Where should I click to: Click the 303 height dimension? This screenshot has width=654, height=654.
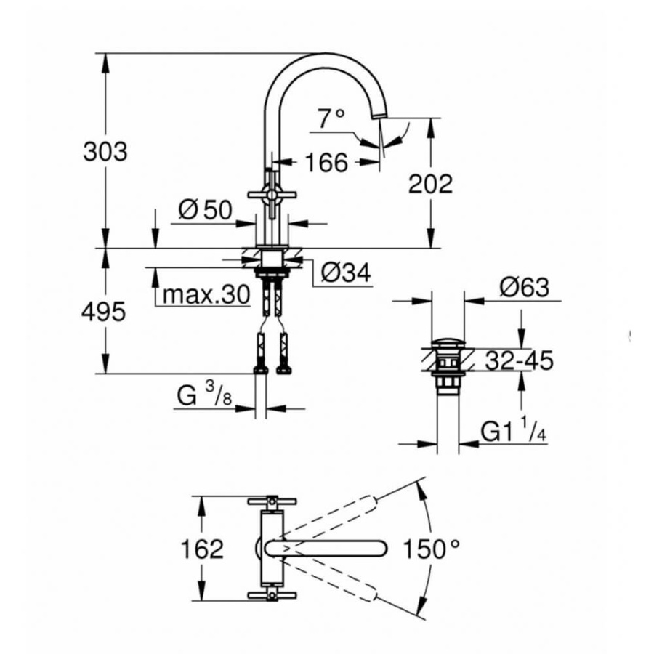click(105, 152)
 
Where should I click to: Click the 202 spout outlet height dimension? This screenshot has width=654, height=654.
click(431, 183)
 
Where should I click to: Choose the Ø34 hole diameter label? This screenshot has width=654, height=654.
click(346, 273)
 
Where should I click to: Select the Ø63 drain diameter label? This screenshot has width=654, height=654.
click(524, 288)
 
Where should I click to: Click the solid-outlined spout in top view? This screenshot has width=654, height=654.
click(327, 549)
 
